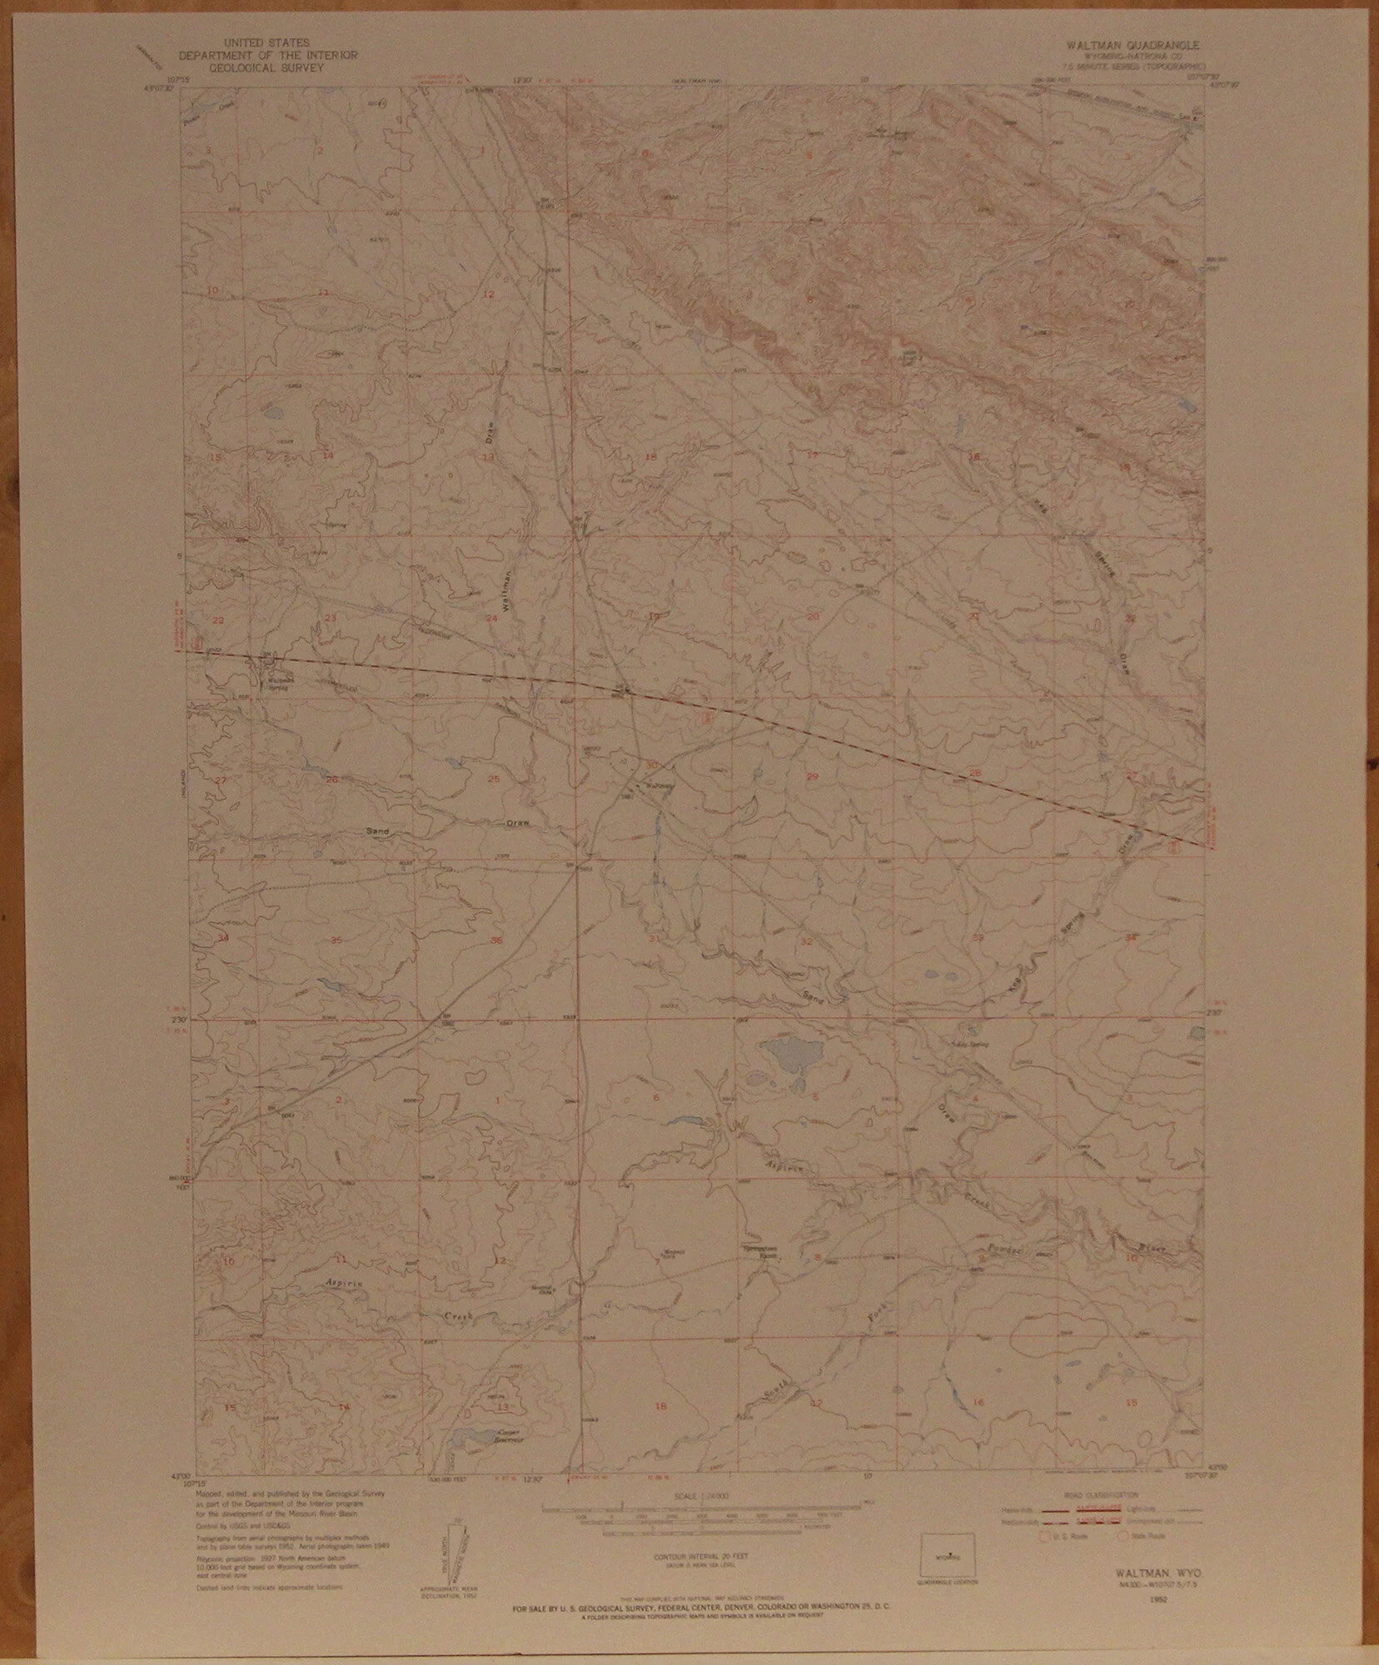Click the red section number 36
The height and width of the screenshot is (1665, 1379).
coord(496,941)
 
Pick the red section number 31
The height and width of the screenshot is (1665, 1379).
coord(655,939)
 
